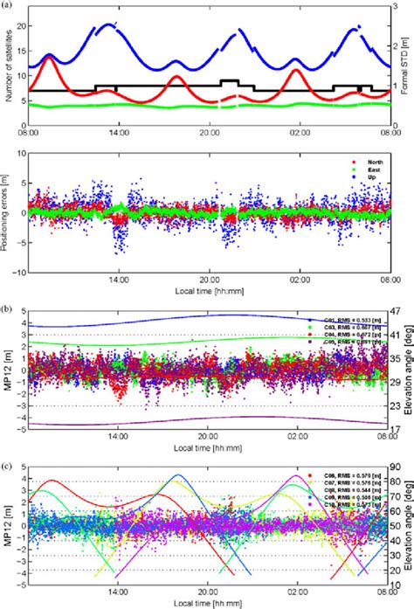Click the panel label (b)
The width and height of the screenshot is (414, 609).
(x=7, y=309)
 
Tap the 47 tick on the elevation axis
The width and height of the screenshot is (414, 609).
(x=395, y=312)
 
